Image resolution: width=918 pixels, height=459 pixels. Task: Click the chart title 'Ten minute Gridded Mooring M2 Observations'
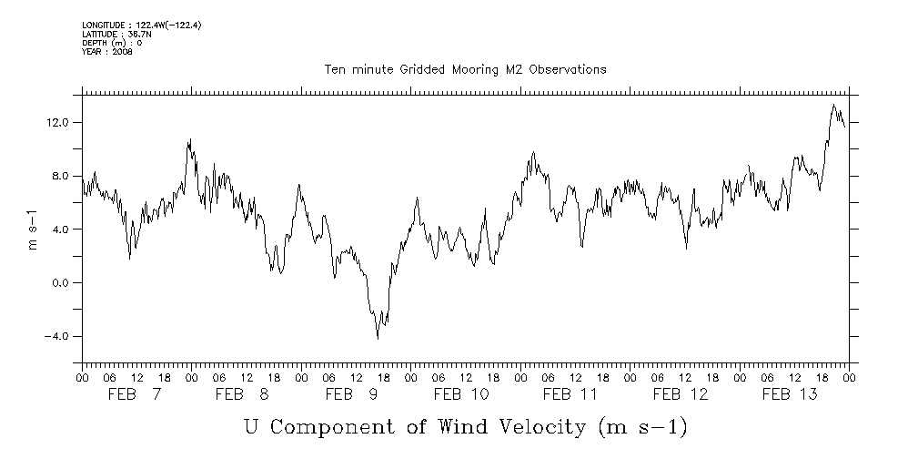(x=465, y=69)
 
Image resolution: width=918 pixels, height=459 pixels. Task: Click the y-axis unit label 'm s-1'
(x=34, y=229)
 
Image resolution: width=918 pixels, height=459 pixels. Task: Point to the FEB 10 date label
(x=461, y=394)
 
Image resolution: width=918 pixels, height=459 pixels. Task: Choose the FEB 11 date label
(x=570, y=394)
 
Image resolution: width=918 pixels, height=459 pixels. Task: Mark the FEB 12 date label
(x=681, y=394)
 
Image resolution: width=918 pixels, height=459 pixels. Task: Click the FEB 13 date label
(x=790, y=394)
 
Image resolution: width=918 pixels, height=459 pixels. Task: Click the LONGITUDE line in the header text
(x=141, y=25)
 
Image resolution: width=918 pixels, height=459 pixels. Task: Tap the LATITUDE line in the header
(x=115, y=34)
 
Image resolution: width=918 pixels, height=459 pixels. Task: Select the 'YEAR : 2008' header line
(x=107, y=52)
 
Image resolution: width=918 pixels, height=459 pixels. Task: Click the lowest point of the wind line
(x=378, y=339)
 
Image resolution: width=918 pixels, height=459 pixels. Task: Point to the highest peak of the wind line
(x=833, y=105)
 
